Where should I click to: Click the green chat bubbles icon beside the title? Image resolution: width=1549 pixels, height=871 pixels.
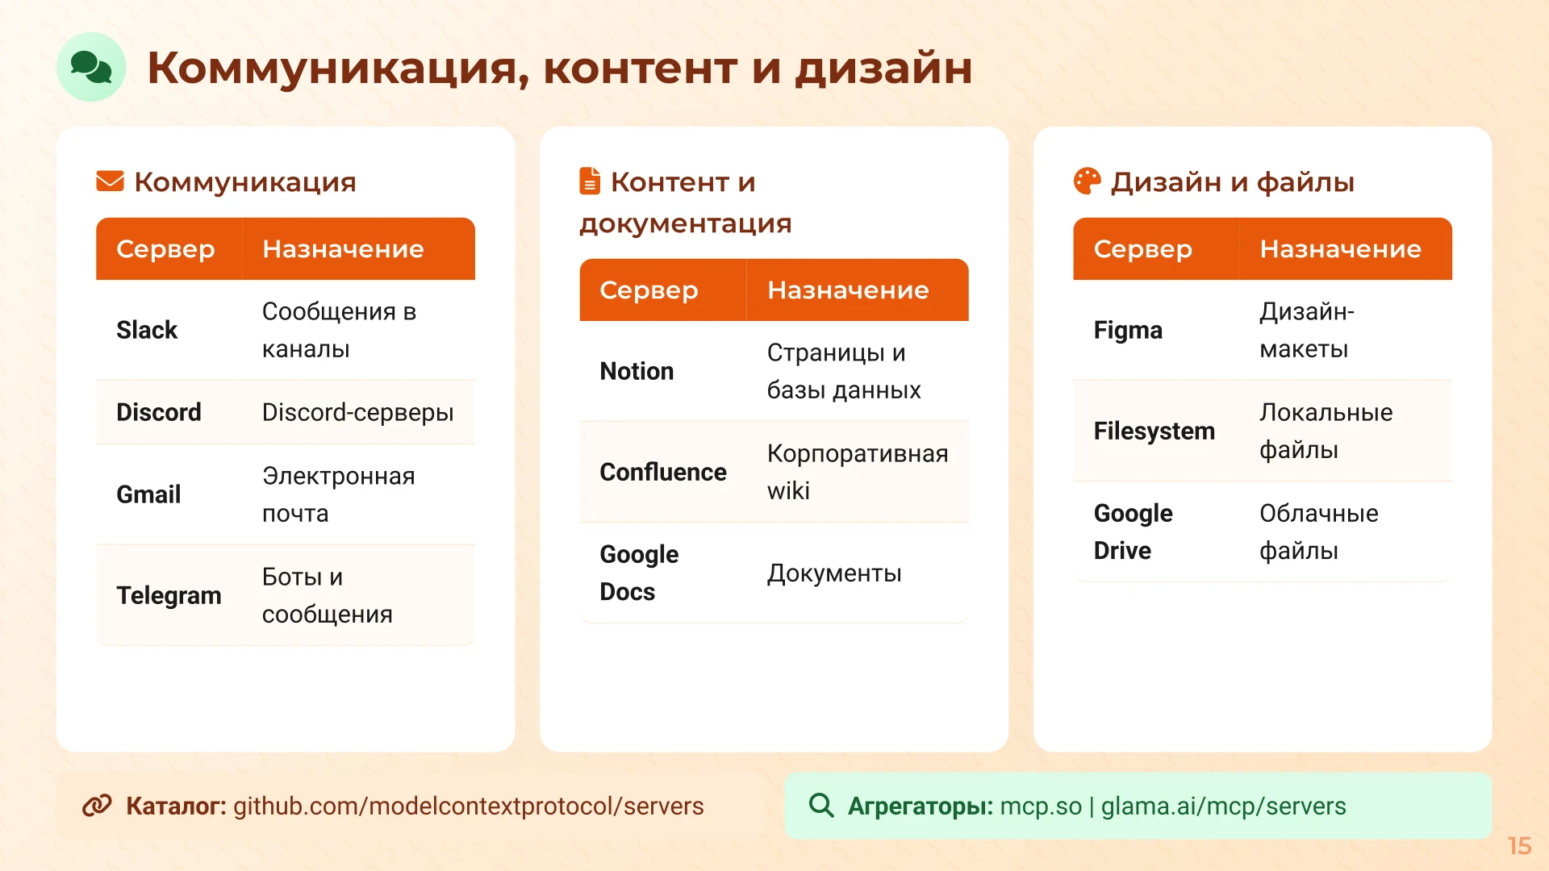click(91, 67)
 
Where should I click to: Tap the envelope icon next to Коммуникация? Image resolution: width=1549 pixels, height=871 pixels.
click(110, 181)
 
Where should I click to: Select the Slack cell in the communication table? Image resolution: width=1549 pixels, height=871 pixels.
click(147, 330)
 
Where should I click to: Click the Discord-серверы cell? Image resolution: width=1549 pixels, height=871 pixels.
click(357, 412)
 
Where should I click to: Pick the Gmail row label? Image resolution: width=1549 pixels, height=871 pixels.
click(148, 494)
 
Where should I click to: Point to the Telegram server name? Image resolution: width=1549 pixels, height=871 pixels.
click(169, 595)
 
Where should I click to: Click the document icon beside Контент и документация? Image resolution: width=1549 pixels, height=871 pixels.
click(590, 181)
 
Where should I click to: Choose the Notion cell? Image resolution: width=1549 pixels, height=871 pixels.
click(637, 371)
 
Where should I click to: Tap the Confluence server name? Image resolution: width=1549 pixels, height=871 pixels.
click(662, 472)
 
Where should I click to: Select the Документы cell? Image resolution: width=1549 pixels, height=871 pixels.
click(834, 573)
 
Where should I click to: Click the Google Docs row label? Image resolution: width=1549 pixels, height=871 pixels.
click(639, 573)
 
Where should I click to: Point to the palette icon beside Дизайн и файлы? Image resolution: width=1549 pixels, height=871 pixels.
click(1087, 181)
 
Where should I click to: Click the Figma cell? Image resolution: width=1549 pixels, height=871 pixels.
click(1128, 330)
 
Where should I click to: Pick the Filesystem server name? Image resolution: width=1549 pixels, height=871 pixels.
click(1154, 431)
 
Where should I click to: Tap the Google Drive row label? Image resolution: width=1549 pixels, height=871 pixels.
click(1133, 532)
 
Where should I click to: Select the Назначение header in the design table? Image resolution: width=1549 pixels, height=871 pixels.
click(1340, 249)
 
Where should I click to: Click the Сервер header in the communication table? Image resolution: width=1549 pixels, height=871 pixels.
click(165, 249)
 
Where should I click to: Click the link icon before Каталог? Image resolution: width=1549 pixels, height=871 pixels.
click(97, 806)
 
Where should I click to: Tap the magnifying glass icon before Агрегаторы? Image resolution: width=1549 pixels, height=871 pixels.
click(821, 805)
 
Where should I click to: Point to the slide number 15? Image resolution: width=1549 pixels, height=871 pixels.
click(1519, 846)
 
